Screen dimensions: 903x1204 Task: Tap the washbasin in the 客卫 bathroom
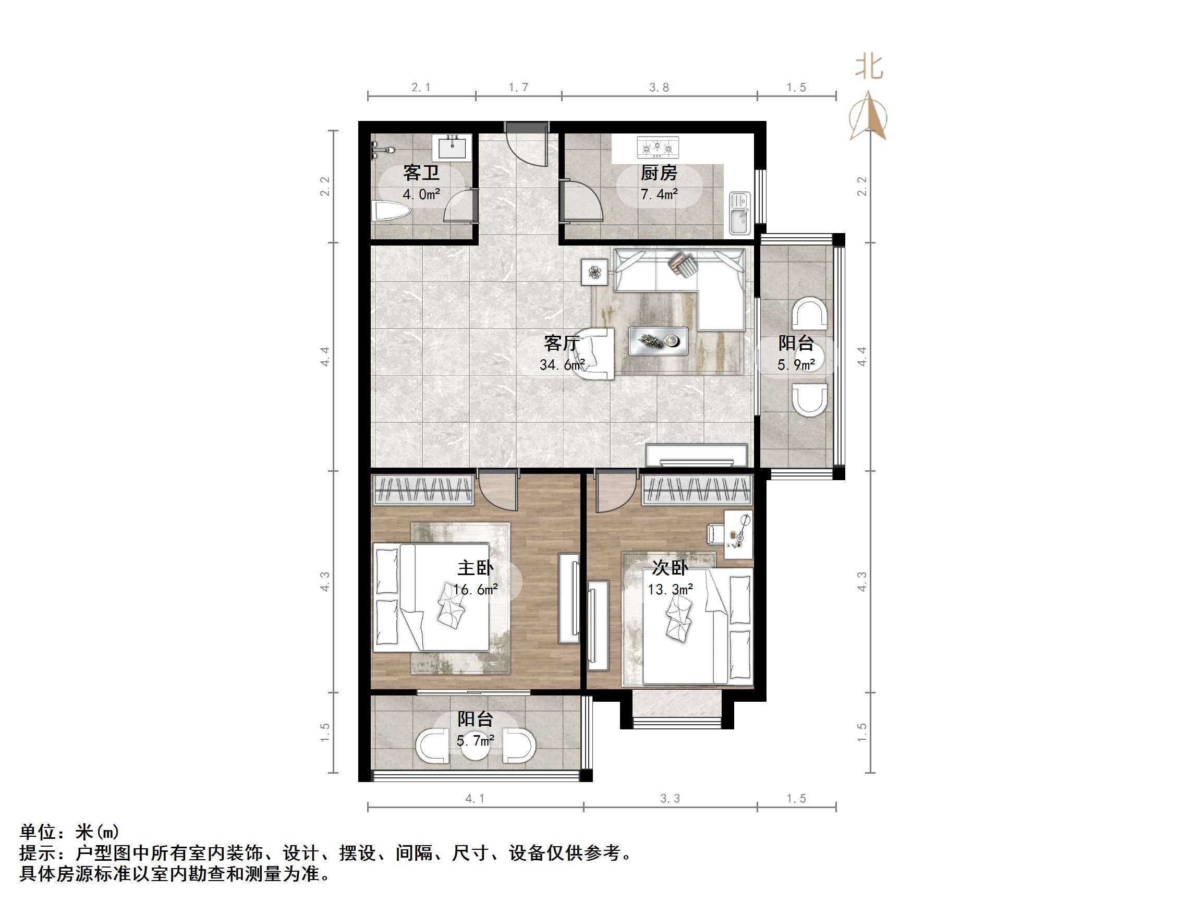pos(452,148)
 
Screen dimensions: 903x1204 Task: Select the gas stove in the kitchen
pos(658,147)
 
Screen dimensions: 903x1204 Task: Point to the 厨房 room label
pos(659,173)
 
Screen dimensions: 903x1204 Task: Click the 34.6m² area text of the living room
pos(562,364)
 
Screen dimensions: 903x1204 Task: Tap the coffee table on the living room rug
pos(658,341)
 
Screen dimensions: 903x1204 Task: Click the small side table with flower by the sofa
pos(594,272)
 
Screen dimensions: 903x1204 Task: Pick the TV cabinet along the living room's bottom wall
pos(696,455)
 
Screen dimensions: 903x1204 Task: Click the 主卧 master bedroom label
pos(475,568)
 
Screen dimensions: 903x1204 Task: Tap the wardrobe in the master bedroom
pos(423,490)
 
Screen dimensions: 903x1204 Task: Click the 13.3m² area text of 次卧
pos(670,590)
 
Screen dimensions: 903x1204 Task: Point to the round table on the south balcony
pos(475,747)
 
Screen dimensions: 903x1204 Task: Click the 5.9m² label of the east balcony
pos(796,364)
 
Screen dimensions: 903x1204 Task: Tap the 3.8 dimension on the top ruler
pos(659,87)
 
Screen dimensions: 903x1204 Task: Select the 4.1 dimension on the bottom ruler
pos(475,799)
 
